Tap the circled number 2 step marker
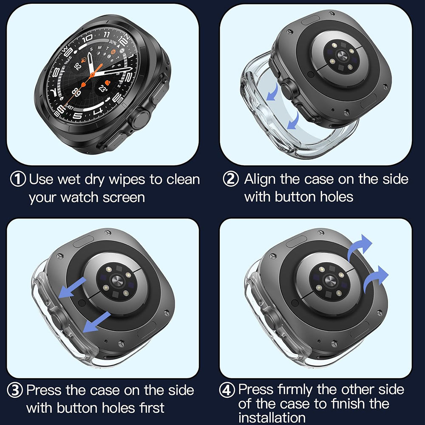point(231,179)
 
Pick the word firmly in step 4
point(298,389)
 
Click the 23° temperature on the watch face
point(103,88)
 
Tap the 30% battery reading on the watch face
point(113,42)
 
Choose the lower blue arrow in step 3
point(96,322)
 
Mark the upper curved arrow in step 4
point(359,247)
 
